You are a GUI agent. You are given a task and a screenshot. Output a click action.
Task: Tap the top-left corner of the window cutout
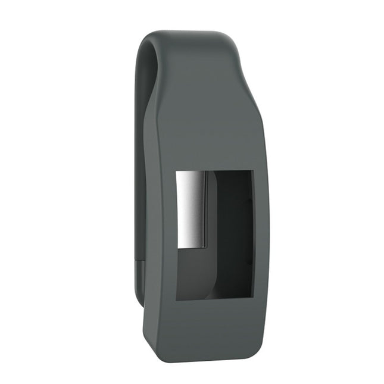[x=176, y=172]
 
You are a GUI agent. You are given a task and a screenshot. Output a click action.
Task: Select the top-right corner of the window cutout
[x=254, y=171]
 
